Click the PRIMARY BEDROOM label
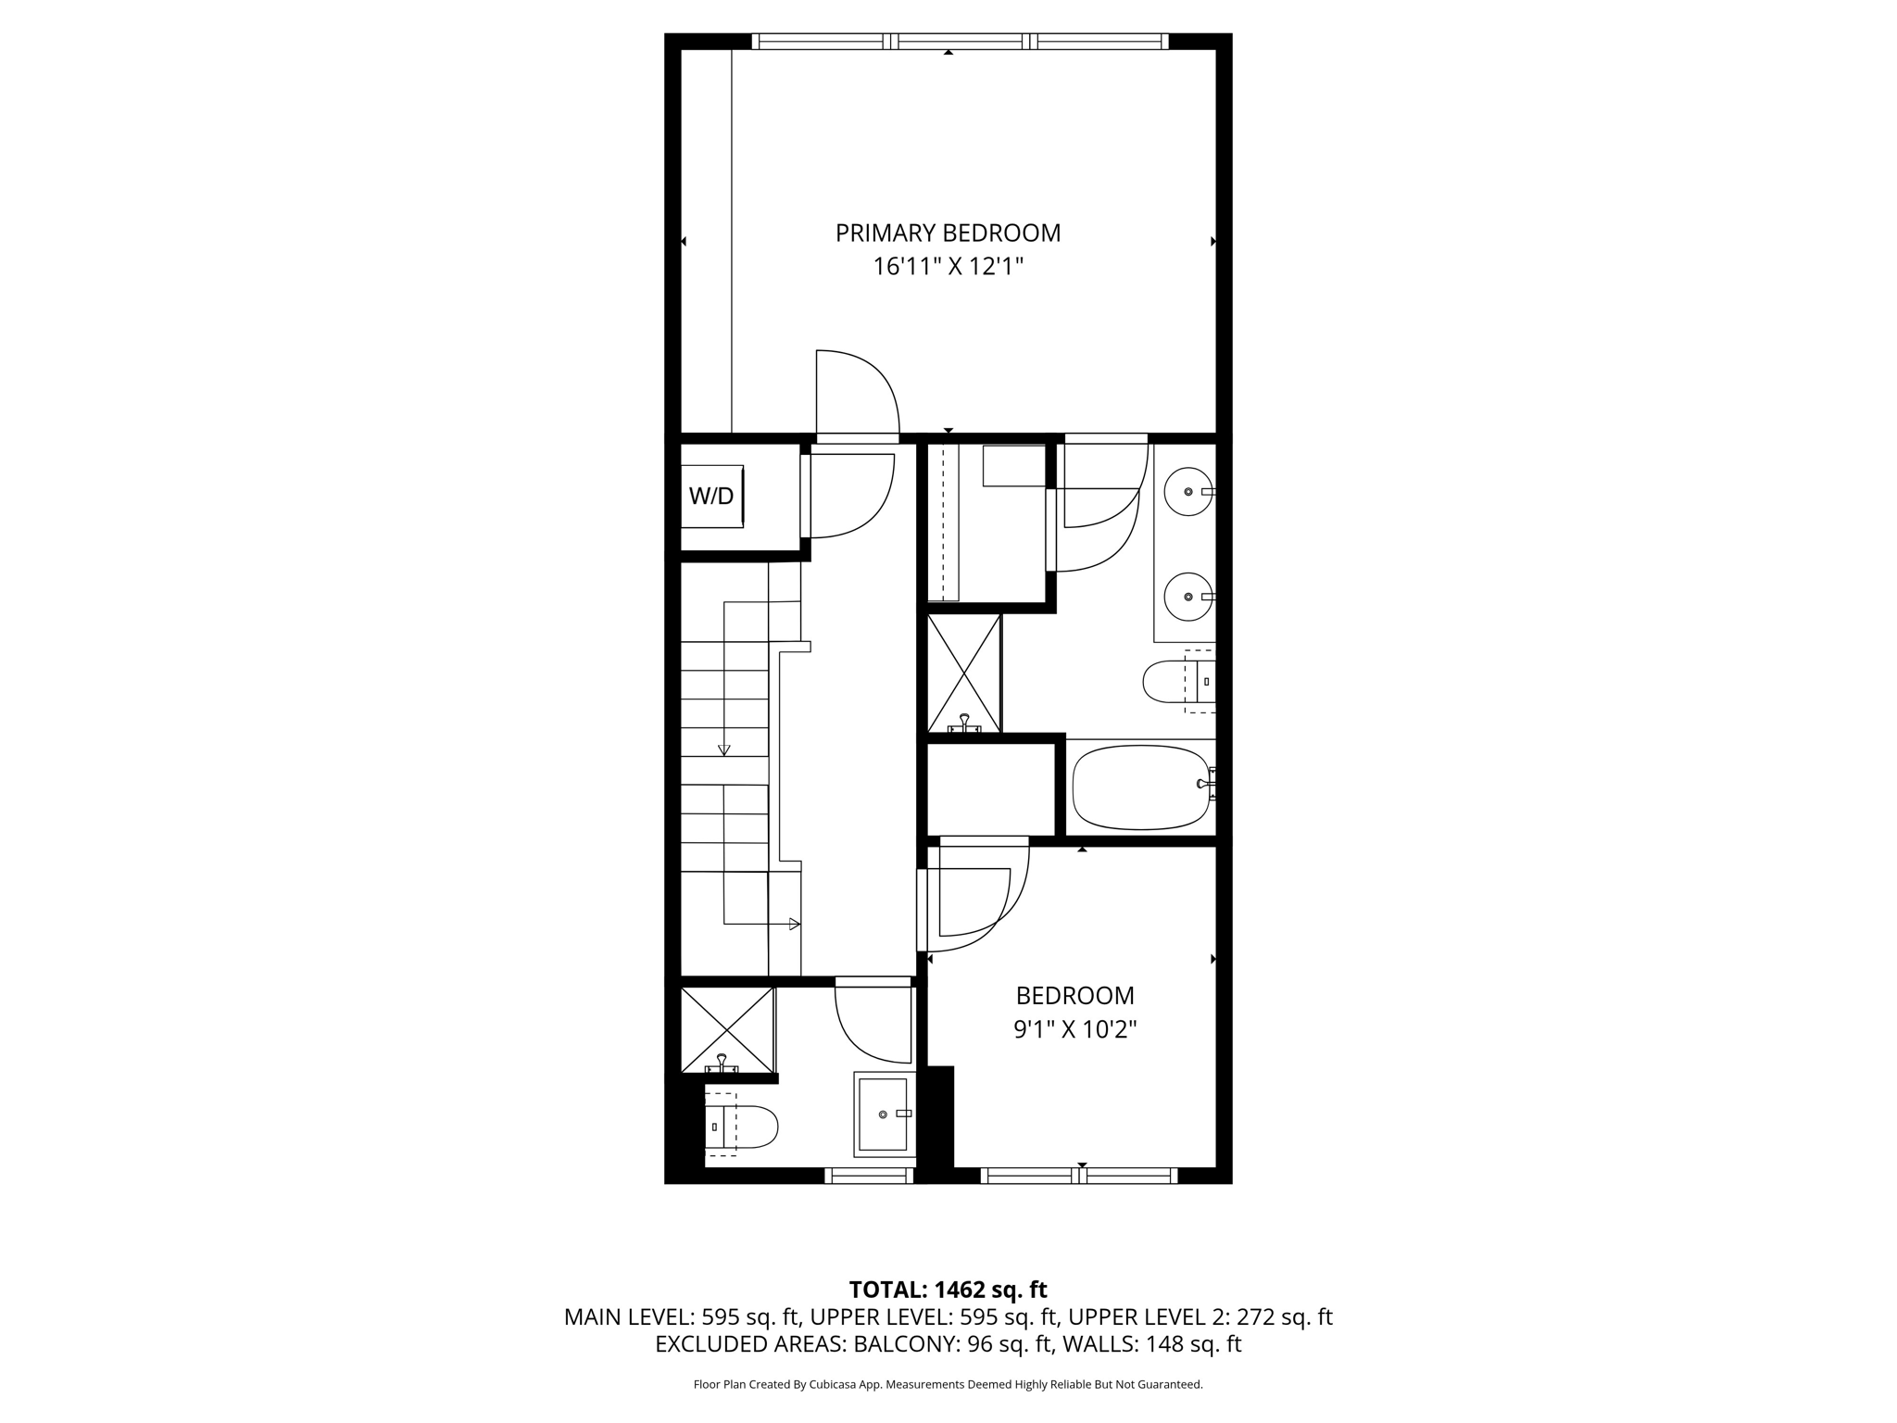pos(948,233)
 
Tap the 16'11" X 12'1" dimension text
pos(948,268)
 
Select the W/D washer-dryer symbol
pos(711,497)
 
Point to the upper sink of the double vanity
pos(1187,492)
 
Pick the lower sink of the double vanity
pos(1187,598)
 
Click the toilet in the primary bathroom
pos(1176,682)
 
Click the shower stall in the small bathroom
pos(727,1029)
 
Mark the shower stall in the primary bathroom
pos(964,673)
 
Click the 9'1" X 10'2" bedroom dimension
pos(1074,1030)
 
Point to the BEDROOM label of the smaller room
pos(1074,996)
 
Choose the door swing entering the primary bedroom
pos(857,392)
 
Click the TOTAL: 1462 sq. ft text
pos(948,1290)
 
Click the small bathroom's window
pos(869,1176)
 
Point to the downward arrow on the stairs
pos(724,749)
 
